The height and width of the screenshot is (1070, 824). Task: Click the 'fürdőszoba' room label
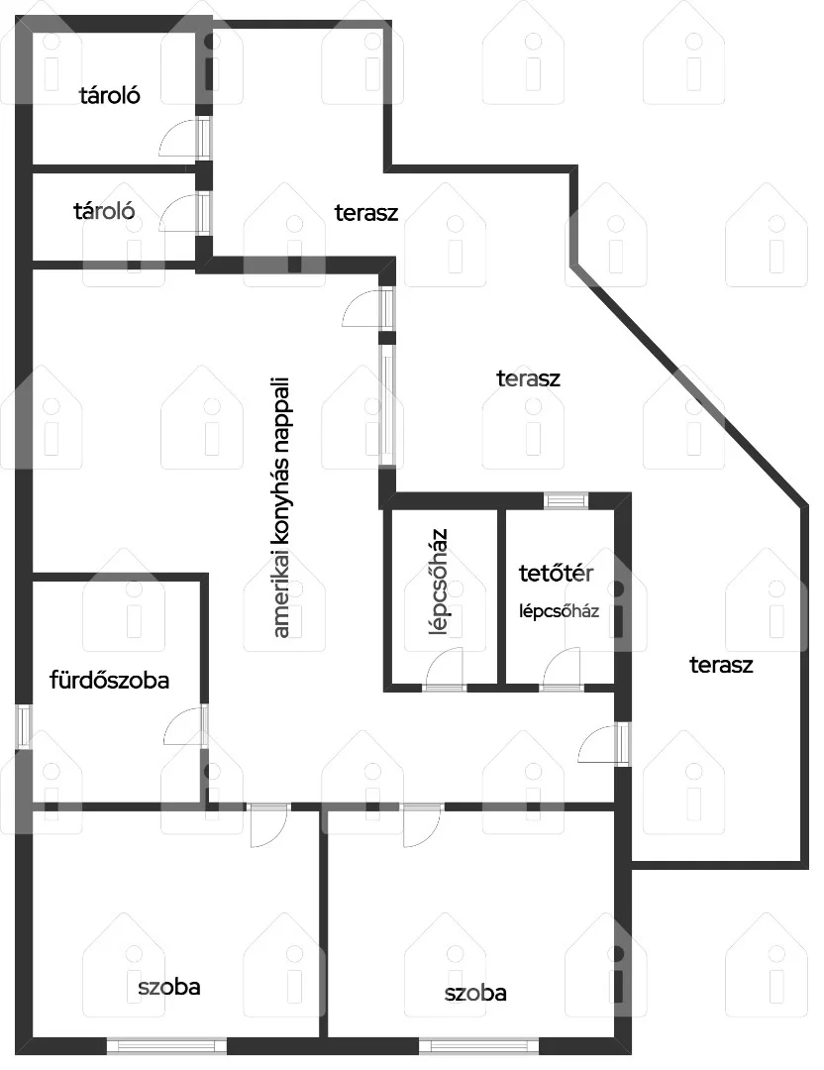click(x=109, y=680)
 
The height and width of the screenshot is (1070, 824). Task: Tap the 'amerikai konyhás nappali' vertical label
click(x=281, y=507)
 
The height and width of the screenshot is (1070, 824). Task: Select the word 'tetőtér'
click(x=556, y=573)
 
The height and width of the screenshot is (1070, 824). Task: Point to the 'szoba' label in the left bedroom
click(x=168, y=987)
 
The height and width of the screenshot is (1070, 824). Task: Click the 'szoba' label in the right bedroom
click(x=475, y=993)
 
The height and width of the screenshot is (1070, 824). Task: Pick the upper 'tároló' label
click(x=110, y=95)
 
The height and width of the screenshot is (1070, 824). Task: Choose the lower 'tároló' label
click(x=104, y=211)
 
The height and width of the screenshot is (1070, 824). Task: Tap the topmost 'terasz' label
click(x=366, y=213)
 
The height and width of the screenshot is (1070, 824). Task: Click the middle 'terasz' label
click(x=528, y=378)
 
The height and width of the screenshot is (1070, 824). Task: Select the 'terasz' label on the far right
click(x=721, y=665)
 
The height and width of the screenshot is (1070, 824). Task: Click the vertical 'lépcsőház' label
click(x=440, y=582)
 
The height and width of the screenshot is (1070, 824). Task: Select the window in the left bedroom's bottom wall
click(x=167, y=1045)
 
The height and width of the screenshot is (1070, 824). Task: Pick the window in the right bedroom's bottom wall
click(x=478, y=1045)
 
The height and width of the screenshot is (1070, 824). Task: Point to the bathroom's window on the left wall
click(x=24, y=726)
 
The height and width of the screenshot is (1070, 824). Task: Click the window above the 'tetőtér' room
click(x=566, y=500)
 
